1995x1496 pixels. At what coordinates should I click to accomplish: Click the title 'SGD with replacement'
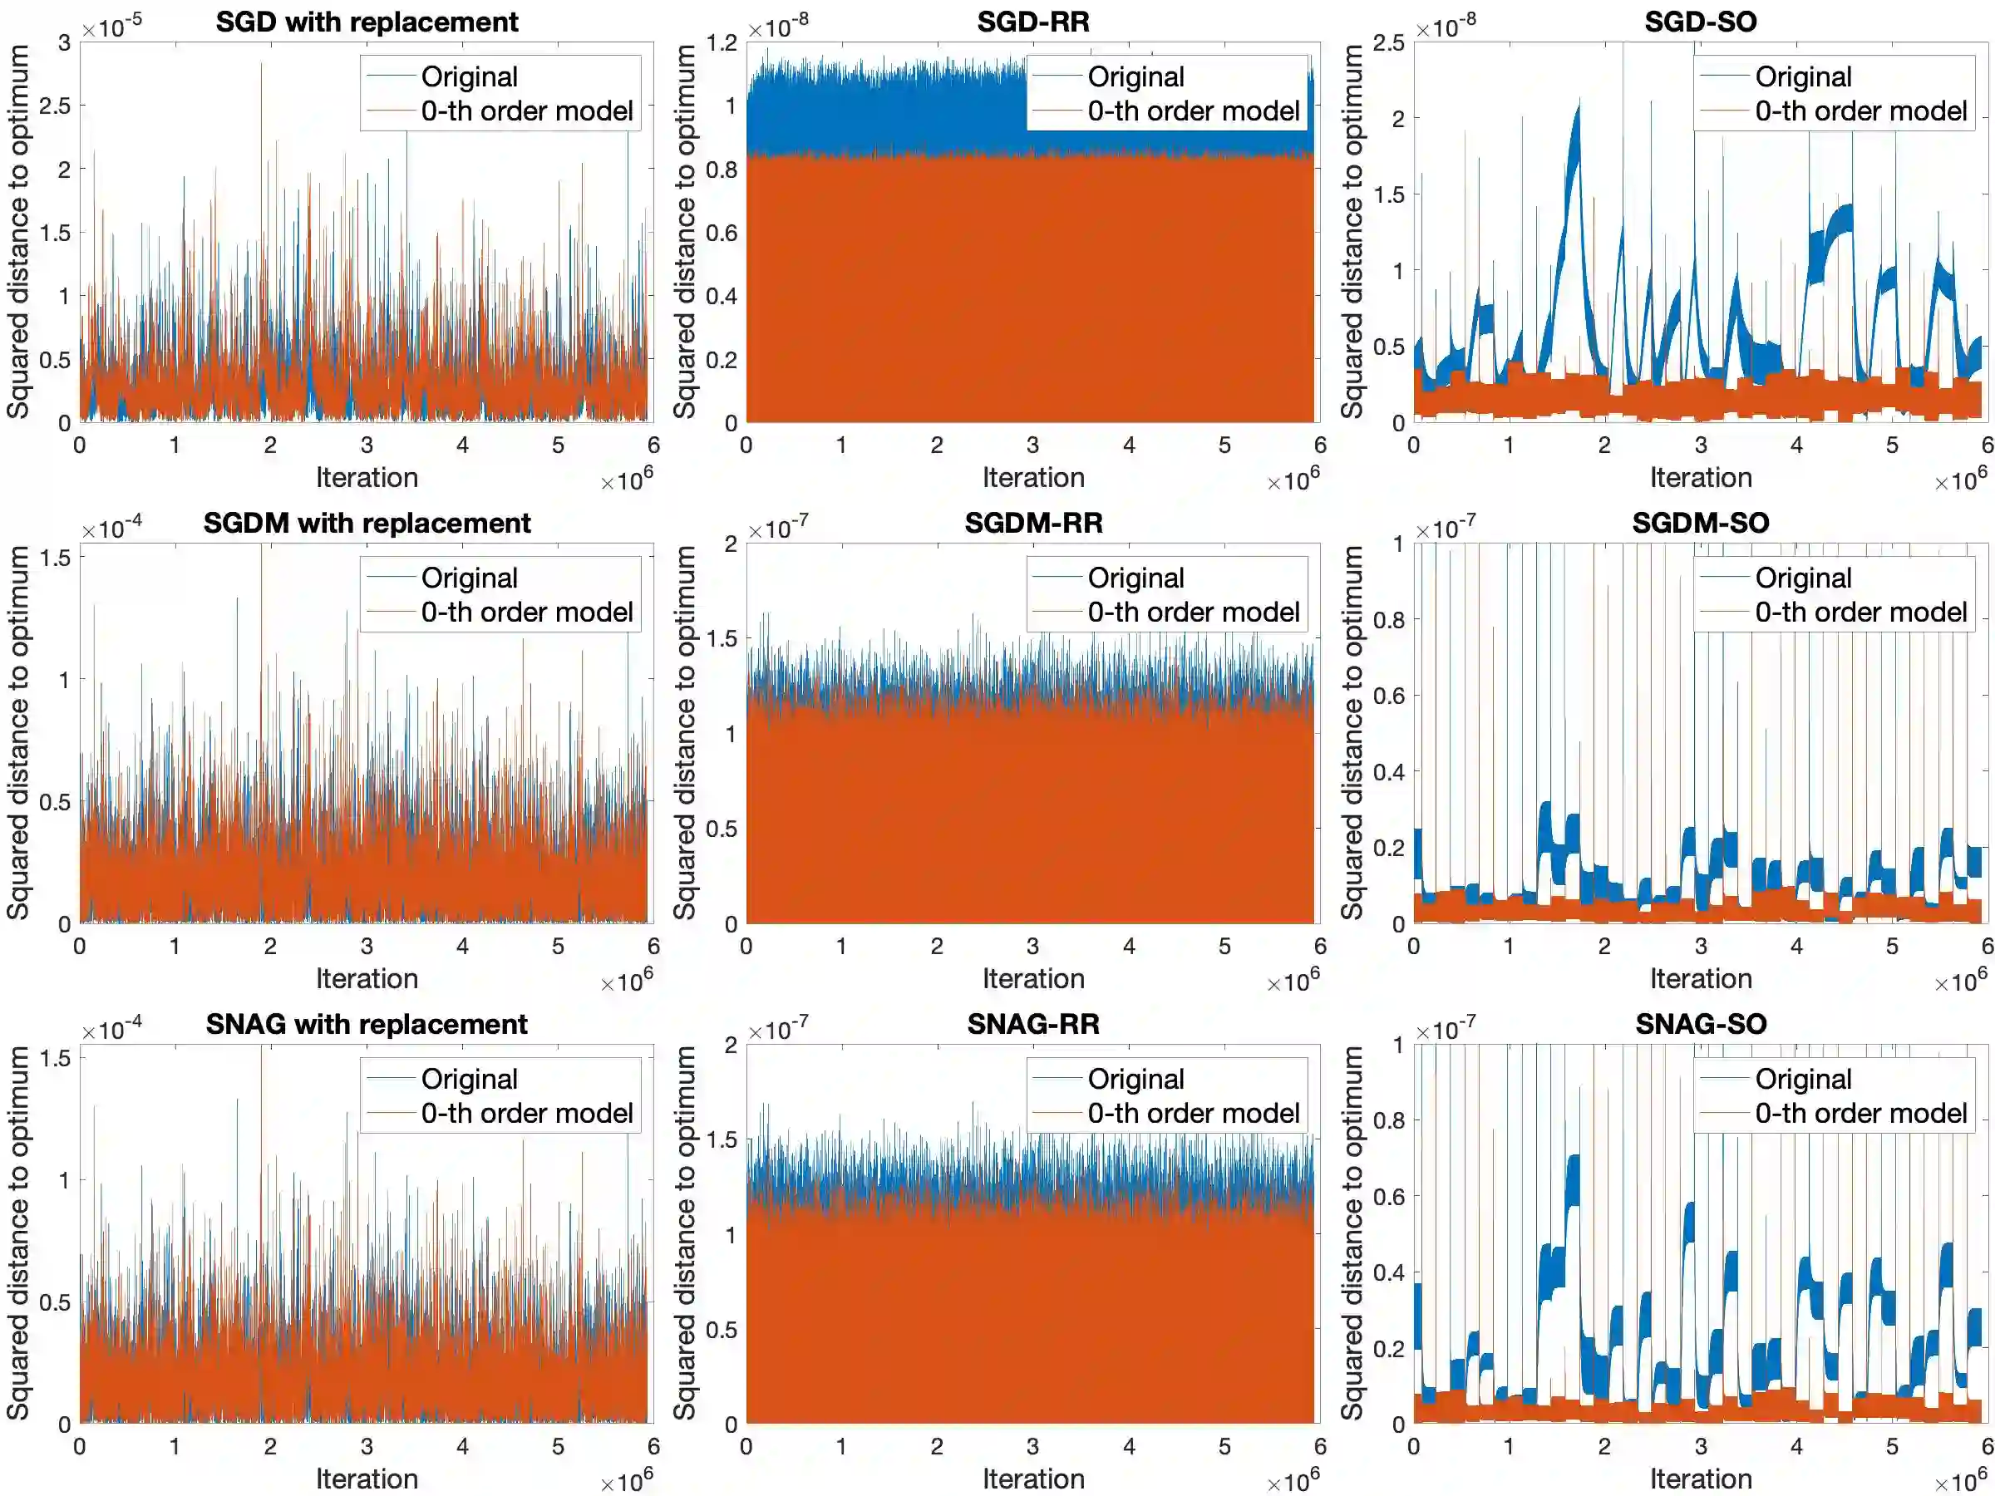click(x=367, y=22)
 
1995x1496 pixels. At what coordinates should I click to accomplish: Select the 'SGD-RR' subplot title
click(x=1032, y=22)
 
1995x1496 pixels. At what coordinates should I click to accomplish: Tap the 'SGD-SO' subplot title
click(x=1700, y=22)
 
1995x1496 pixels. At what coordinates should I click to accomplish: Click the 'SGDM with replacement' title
click(x=367, y=523)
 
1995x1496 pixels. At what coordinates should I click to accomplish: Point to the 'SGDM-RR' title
click(x=1032, y=523)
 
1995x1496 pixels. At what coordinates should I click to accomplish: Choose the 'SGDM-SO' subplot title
click(x=1700, y=523)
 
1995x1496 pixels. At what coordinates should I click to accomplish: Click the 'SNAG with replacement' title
click(x=367, y=1025)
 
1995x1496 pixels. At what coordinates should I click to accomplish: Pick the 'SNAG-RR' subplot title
click(x=1032, y=1025)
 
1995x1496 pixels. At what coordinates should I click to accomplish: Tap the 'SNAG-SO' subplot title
click(x=1700, y=1025)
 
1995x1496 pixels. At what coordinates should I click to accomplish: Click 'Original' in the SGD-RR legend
click(x=1135, y=76)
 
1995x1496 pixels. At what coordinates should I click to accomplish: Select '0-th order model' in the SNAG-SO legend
click(x=1860, y=1113)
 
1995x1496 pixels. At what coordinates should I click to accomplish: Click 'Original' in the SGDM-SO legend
click(x=1803, y=578)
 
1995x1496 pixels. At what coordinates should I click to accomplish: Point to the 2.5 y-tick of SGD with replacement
click(x=55, y=106)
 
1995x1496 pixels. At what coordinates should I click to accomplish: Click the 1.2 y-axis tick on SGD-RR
click(x=722, y=42)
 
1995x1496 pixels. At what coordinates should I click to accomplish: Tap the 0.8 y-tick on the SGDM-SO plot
click(x=1389, y=619)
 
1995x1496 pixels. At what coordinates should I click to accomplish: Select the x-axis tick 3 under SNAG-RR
click(x=1032, y=1446)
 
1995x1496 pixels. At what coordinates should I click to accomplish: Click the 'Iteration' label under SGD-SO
click(x=1700, y=477)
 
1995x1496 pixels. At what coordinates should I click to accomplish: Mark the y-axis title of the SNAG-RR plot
click(x=685, y=1233)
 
